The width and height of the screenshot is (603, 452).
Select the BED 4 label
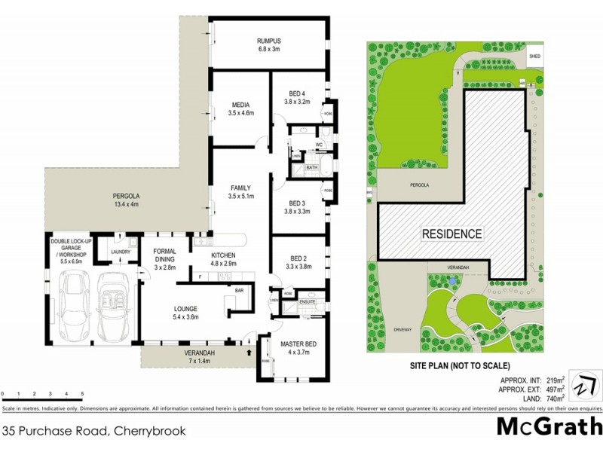pos(297,93)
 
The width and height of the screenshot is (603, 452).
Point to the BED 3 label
pos(297,203)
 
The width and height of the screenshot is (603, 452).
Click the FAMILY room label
pos(241,188)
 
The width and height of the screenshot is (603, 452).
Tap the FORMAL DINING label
pos(164,255)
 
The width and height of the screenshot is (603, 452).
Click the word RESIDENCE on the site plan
pos(451,234)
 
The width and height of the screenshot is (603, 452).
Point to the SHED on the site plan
pos(535,56)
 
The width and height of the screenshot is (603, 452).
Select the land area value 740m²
pos(556,397)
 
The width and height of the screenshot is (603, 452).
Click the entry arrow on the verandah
pos(249,350)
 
